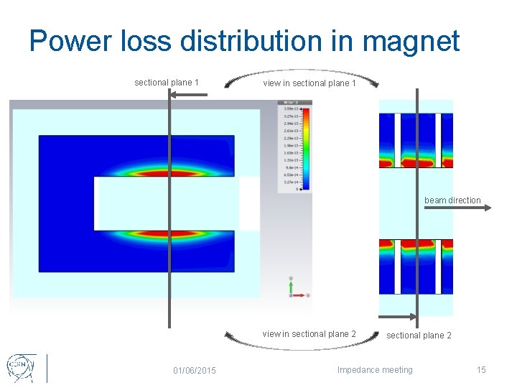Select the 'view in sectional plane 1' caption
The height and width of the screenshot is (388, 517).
[x=309, y=83]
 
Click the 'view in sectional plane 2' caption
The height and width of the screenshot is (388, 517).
[x=309, y=334]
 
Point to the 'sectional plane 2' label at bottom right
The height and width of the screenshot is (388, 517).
[x=419, y=336]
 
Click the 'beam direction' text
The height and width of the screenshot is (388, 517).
[x=452, y=200]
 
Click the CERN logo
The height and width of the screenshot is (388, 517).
[x=19, y=367]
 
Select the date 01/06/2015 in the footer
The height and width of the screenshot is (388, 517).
[x=194, y=370]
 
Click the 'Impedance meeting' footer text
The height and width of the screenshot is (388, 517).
[x=375, y=370]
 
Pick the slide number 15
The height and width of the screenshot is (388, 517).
[x=481, y=370]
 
